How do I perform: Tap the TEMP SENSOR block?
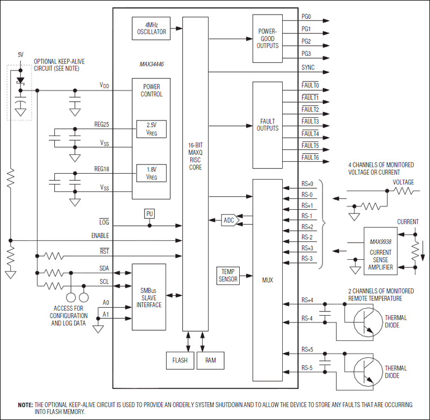tap(228, 275)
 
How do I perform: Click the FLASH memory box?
tap(180, 360)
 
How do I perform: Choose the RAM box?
tap(210, 360)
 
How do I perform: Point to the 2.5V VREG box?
tap(151, 129)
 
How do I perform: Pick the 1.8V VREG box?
tap(151, 173)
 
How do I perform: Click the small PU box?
tap(149, 214)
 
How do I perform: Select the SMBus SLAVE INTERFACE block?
tap(149, 297)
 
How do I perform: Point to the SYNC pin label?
tap(308, 68)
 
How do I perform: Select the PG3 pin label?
tap(306, 54)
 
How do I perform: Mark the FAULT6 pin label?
tap(310, 157)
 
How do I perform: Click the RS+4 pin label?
tap(307, 300)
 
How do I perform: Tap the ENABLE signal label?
tap(100, 236)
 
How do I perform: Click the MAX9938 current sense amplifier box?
tap(381, 252)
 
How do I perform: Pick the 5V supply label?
tap(20, 55)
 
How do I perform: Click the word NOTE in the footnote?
tap(25, 404)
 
